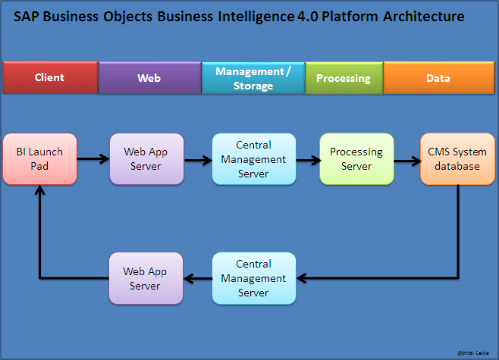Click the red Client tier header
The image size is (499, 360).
[50, 77]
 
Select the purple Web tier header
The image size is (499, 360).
[149, 77]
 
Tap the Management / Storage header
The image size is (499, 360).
[253, 78]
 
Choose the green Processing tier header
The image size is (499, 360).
[344, 77]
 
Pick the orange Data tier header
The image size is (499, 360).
[438, 77]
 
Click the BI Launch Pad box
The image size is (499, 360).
[39, 159]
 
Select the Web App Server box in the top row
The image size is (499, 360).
[146, 159]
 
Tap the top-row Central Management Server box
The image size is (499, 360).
[253, 159]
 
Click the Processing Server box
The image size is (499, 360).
[356, 159]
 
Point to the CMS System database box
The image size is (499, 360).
[457, 159]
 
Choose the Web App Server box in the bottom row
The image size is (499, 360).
[146, 278]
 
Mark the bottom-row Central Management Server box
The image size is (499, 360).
[253, 278]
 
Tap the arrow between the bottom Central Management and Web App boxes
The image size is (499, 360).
[198, 278]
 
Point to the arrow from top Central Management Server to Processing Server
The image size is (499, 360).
[307, 160]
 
